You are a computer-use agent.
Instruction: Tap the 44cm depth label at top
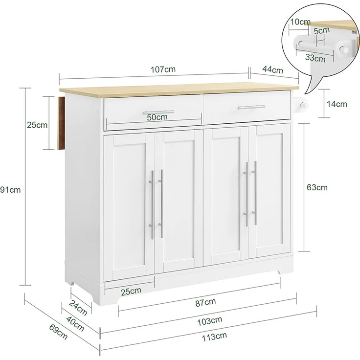272,69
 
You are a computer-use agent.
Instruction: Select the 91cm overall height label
10,190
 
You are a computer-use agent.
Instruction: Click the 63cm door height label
317,187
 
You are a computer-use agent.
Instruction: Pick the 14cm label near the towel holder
337,104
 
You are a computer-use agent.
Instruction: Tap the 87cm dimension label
206,302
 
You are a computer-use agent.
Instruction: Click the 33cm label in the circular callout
315,58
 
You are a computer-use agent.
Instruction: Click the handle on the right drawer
251,107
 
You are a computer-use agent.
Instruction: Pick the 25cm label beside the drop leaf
37,125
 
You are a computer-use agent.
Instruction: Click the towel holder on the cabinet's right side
303,104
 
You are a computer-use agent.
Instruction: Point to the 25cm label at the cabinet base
131,291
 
